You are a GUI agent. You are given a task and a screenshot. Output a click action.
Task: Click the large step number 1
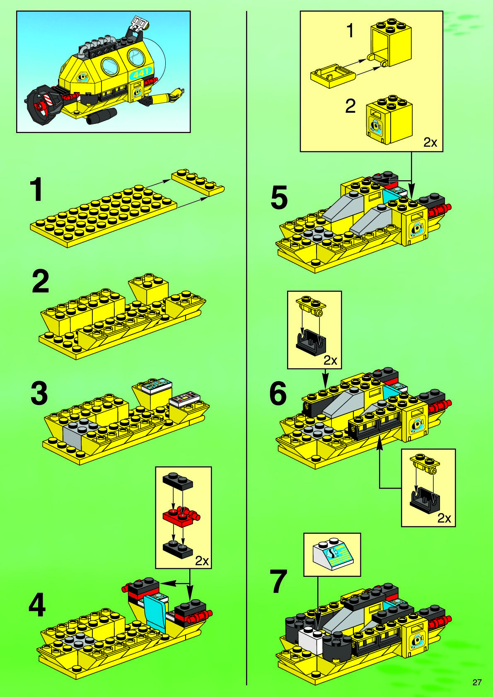[37, 189]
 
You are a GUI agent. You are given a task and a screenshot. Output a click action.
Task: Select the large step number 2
[41, 282]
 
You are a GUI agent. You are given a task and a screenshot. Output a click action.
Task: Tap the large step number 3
[39, 393]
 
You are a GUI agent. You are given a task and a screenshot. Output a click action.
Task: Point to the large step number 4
[37, 606]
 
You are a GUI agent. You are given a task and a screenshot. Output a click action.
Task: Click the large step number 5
[279, 198]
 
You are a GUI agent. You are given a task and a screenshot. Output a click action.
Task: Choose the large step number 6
[278, 393]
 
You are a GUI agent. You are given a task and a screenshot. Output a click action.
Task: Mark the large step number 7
[278, 582]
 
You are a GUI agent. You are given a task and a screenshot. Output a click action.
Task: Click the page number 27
[477, 682]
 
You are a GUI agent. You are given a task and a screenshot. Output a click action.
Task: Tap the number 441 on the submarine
[141, 74]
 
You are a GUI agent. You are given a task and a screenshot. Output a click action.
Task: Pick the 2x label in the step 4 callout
[202, 561]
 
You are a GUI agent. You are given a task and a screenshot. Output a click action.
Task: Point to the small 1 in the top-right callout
[350, 31]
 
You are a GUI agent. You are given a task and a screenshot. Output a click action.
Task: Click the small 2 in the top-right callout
[350, 106]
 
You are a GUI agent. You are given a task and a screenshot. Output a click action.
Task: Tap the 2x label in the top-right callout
[430, 143]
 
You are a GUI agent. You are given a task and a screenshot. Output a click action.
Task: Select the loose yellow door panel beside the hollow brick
[333, 76]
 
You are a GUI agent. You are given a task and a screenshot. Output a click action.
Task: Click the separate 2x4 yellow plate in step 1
[198, 182]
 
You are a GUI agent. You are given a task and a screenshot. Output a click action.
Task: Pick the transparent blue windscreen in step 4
[156, 610]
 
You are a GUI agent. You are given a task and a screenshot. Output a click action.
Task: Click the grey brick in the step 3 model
[75, 433]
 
